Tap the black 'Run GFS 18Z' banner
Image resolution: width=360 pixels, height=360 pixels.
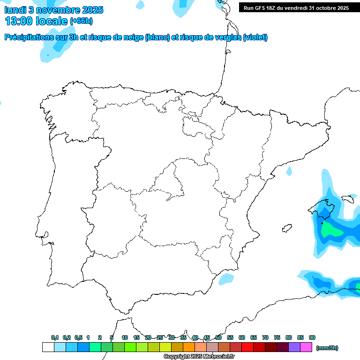pos(296,8)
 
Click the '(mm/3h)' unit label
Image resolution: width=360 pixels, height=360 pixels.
pos(327,348)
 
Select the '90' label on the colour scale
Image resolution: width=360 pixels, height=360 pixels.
pos(312,337)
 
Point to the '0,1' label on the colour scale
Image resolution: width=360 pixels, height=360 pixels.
pos(55,337)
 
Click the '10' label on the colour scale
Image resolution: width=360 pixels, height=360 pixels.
pos(125,337)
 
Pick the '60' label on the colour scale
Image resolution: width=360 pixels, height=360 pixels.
pos(242,337)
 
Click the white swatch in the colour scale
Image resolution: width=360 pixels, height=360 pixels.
pos(48,347)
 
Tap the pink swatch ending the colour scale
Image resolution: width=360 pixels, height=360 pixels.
pos(306,347)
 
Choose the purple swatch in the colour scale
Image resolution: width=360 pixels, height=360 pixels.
pos(294,347)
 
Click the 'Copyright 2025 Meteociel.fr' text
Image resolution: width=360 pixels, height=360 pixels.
pos(199,357)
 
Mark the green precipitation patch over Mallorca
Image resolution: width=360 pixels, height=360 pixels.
pos(334,230)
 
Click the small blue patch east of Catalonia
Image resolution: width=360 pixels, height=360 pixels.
pos(289,172)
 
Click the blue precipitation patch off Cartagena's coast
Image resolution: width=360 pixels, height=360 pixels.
pos(225,279)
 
